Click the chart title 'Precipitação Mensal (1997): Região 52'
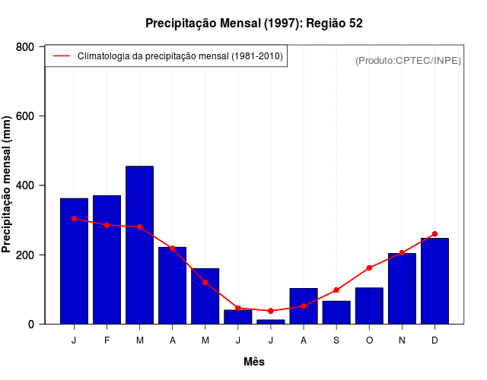click(x=254, y=24)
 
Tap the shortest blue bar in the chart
click(x=270, y=321)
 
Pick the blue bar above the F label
click(x=107, y=259)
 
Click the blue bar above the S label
click(x=336, y=312)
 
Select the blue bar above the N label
click(x=402, y=289)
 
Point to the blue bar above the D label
click(x=434, y=281)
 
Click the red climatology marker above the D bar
click(x=434, y=234)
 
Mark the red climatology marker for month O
click(x=369, y=268)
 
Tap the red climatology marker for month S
click(x=336, y=290)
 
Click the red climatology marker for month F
click(x=107, y=225)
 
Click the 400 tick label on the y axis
click(x=25, y=185)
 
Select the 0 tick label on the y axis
click(x=31, y=324)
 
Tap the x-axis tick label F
click(x=107, y=340)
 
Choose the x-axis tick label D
click(x=434, y=340)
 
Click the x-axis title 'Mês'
click(x=254, y=362)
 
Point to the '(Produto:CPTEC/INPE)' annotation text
click(x=408, y=60)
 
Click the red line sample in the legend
click(x=62, y=56)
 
